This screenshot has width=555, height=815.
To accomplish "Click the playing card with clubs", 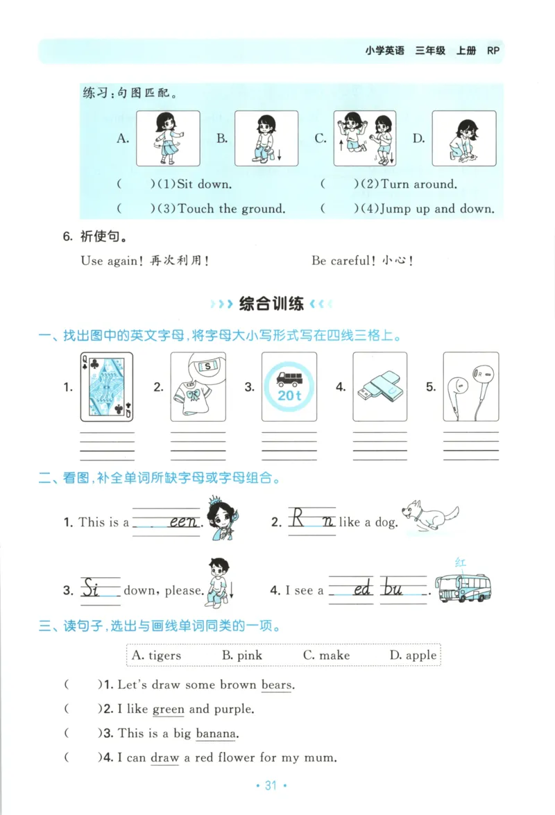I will (x=106, y=387).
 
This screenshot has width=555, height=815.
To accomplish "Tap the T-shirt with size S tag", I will (x=198, y=387).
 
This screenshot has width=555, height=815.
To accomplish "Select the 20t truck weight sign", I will (x=289, y=387).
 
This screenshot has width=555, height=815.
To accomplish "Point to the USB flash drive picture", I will (x=379, y=387).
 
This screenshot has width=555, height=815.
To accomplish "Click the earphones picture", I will (x=470, y=387).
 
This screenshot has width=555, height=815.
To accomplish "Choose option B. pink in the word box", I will (x=242, y=655).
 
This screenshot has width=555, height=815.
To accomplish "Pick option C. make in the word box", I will (x=326, y=655).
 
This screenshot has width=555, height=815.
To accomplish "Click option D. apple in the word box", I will (x=413, y=655).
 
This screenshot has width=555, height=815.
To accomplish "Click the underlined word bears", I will (x=277, y=685).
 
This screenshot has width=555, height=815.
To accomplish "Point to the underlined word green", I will (x=168, y=710).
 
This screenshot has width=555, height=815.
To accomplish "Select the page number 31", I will (x=271, y=786).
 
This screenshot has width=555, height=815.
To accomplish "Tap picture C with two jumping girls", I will (x=366, y=139).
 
